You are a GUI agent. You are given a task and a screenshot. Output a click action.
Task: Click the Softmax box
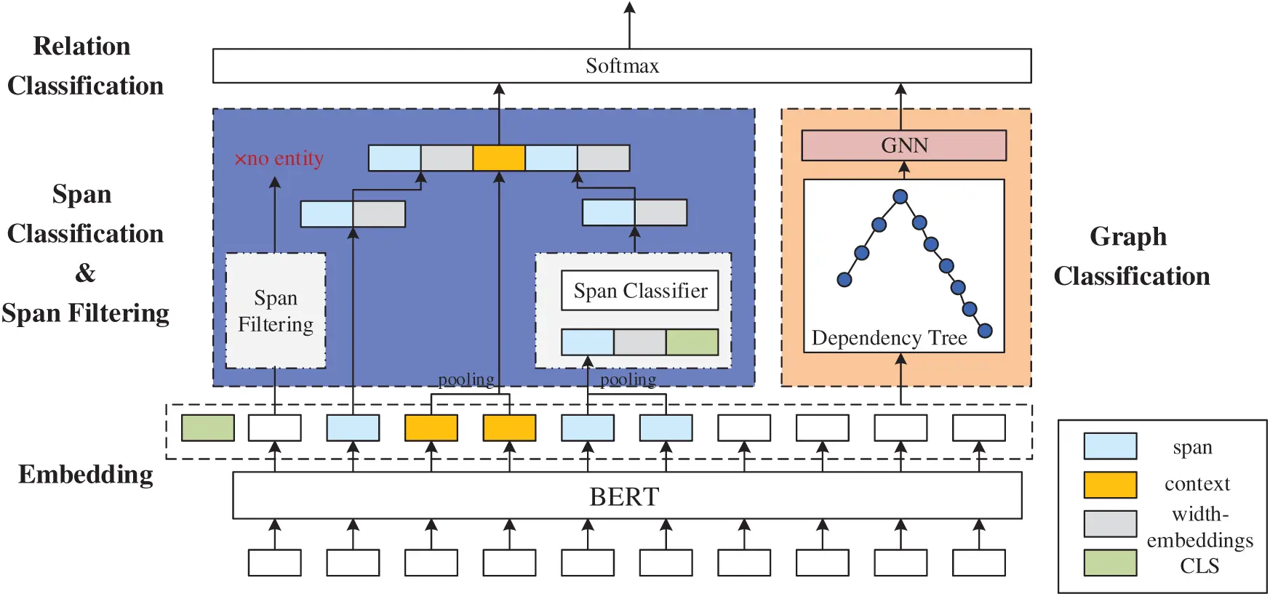[622, 66]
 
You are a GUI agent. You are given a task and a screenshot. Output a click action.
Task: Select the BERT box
[626, 496]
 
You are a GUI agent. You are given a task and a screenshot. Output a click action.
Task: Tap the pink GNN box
[903, 145]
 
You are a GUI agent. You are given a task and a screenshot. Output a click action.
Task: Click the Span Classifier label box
[639, 291]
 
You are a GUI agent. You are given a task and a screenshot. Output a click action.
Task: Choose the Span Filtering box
[275, 311]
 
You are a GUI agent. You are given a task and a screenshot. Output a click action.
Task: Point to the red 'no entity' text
[279, 158]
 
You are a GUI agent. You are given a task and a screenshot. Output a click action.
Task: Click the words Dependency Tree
[889, 338]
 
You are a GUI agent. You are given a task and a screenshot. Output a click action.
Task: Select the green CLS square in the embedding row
[208, 427]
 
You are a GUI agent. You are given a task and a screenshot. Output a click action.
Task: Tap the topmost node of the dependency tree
[900, 196]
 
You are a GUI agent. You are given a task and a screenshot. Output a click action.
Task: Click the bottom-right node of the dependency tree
[985, 331]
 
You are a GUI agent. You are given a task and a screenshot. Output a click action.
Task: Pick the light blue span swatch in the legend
[1110, 446]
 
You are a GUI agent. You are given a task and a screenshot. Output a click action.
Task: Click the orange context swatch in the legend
[1110, 485]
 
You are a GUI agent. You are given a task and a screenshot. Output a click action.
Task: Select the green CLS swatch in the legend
[1110, 563]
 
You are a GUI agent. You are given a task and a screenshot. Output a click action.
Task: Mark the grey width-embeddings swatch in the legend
[1110, 523]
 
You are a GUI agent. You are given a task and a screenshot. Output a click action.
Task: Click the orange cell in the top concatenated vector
[498, 158]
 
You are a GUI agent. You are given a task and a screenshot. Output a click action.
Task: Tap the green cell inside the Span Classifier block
[692, 342]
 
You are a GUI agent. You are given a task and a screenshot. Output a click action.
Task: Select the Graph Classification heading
[1131, 257]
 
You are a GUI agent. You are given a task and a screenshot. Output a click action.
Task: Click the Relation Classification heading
[84, 66]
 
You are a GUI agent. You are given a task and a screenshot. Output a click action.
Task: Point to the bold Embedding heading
[85, 475]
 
